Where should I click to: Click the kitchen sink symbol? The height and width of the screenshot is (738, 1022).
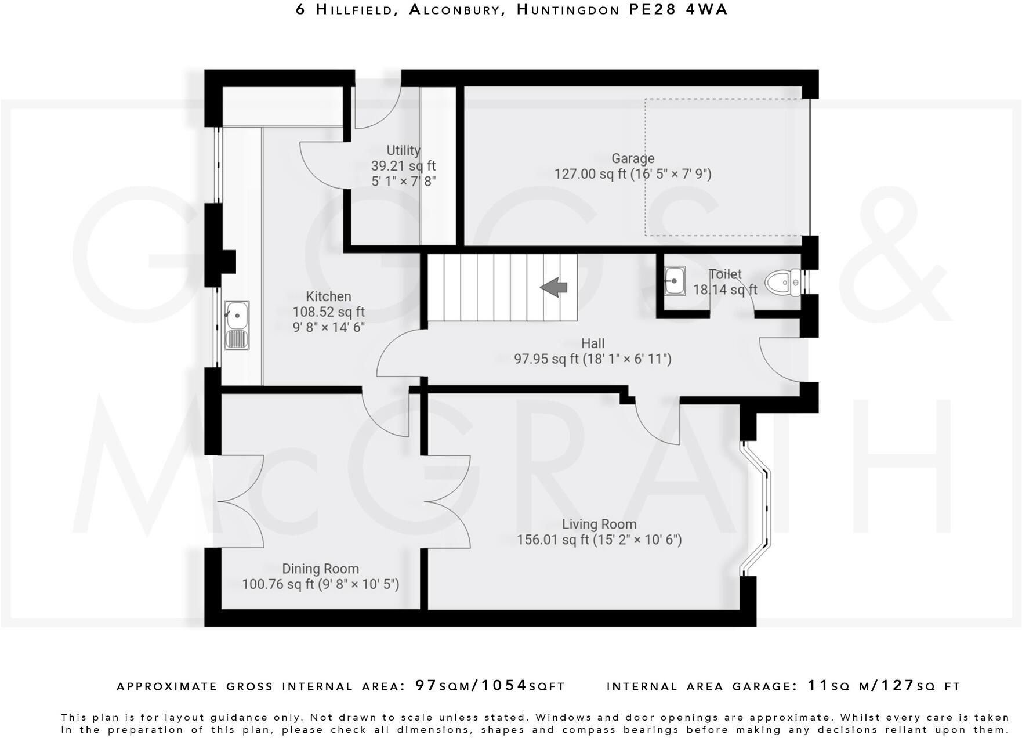click(x=237, y=325)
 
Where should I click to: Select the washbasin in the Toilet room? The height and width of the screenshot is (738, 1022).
click(x=674, y=281)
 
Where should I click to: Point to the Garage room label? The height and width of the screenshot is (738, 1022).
click(x=633, y=158)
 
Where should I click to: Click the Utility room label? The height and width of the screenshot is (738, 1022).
click(x=403, y=150)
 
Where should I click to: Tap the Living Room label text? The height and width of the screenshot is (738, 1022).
click(x=599, y=524)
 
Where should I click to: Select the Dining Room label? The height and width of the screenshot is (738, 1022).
click(x=320, y=569)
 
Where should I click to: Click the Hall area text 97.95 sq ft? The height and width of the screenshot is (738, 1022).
click(x=546, y=359)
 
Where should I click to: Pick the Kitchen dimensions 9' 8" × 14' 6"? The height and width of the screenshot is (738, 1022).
click(x=328, y=327)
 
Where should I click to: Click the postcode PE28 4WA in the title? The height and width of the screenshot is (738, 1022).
click(x=678, y=10)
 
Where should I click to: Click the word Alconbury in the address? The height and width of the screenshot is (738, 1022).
click(x=456, y=10)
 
